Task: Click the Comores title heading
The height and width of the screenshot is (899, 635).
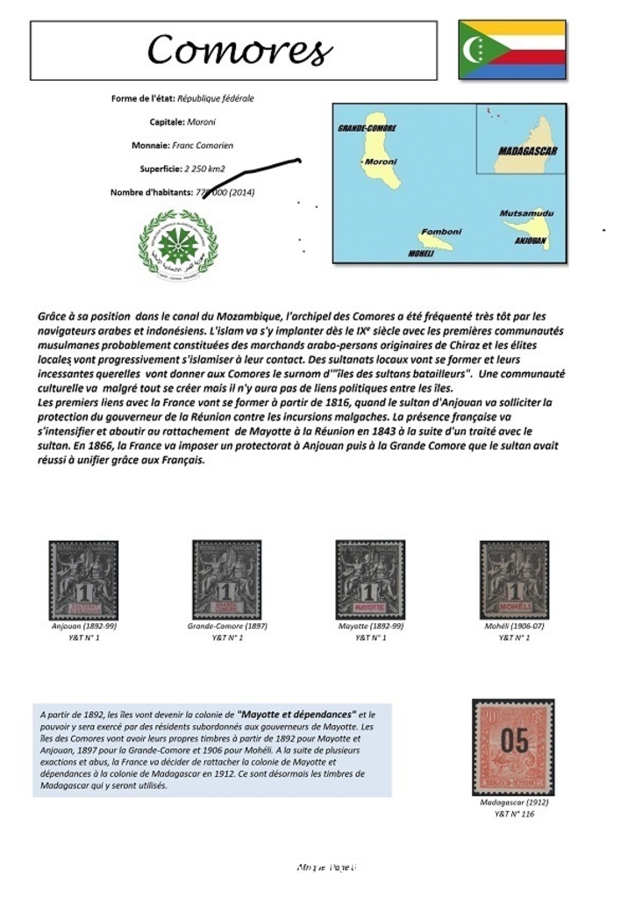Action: point(239,50)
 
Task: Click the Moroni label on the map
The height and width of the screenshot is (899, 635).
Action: point(381,162)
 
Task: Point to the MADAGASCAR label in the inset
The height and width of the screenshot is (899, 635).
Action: point(528,152)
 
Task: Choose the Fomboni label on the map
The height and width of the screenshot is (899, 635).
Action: point(440,232)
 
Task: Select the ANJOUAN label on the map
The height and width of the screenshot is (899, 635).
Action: point(530,239)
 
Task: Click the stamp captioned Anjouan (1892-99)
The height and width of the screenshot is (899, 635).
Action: point(83,579)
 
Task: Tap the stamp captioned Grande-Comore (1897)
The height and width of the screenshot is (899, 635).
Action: point(226,579)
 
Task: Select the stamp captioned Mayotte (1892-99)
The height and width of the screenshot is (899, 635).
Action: point(370,579)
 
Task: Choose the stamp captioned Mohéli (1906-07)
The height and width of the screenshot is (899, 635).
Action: point(514,579)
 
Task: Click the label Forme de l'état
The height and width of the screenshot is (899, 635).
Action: point(143,98)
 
